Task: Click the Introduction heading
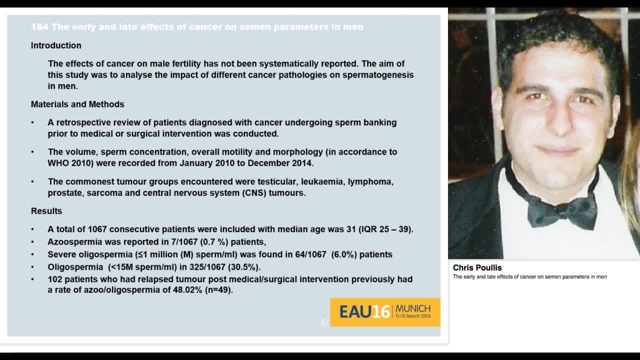(56, 45)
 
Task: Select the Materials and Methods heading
(77, 104)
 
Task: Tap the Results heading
(46, 211)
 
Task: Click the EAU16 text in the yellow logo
(364, 312)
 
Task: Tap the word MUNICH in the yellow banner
(413, 308)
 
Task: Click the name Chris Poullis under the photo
(477, 268)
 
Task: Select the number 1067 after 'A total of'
(97, 229)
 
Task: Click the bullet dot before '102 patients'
(33, 279)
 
